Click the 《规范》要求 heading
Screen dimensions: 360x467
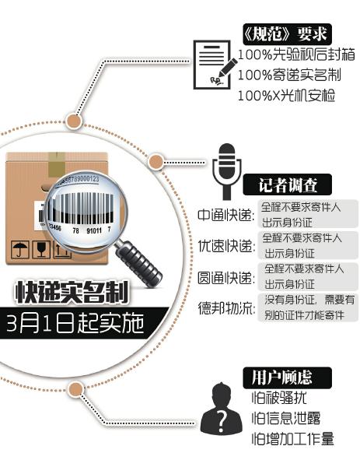tap(287, 34)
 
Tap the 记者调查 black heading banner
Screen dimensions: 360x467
tap(287, 184)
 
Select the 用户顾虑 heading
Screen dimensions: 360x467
tap(287, 377)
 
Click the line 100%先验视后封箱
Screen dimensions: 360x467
tap(296, 54)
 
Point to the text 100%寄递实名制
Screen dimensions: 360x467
tap(289, 75)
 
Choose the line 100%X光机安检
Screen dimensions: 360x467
tap(286, 95)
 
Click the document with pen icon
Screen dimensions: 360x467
tap(215, 65)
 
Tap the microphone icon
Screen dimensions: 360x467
tap(227, 171)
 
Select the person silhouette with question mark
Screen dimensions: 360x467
tap(221, 408)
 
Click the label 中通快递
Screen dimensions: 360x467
tap(225, 216)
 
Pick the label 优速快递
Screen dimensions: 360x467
tap(226, 246)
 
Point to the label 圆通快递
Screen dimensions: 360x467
tap(226, 278)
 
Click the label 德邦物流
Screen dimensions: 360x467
tap(227, 308)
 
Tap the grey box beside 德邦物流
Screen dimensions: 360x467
tap(308, 307)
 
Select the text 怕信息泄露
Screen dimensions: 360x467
tap(286, 418)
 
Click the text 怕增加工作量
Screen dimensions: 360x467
tap(293, 439)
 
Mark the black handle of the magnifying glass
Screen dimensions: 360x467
tap(139, 263)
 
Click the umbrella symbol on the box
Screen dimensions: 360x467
tap(20, 250)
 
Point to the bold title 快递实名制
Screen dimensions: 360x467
tap(72, 292)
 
